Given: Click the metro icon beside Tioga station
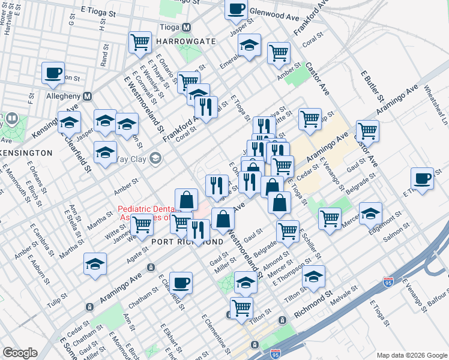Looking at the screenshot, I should tap(186, 28).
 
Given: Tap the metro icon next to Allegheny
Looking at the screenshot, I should tap(88, 96).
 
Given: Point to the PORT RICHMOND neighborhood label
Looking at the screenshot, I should tap(187, 242).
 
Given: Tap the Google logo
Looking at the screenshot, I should tap(20, 353).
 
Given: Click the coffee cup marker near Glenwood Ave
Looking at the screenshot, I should tap(236, 10).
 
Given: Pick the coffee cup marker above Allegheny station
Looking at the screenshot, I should tap(53, 73).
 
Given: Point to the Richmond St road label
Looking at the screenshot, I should tap(314, 305).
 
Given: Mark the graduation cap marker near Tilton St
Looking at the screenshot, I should tap(313, 277).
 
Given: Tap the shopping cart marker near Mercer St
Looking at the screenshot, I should tap(330, 218).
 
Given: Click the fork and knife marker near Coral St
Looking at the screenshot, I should tap(206, 107).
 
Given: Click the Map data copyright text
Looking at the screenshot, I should tap(411, 354).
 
